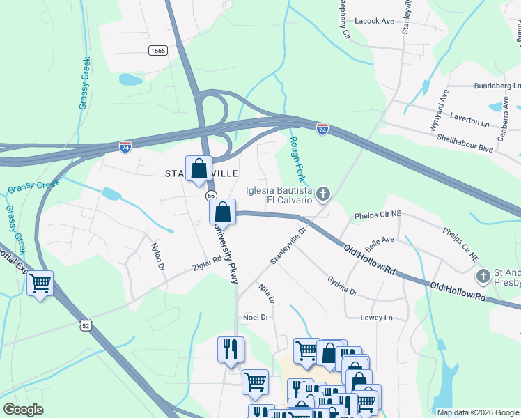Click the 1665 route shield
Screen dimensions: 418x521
pos(158,50)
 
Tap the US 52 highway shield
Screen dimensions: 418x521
pos(84,325)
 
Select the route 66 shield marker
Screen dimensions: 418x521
pos(211,196)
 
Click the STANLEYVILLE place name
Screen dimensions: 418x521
pos(202,173)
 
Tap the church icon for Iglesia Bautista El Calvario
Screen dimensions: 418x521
pos(323,193)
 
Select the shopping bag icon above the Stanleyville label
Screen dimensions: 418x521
pos(199,169)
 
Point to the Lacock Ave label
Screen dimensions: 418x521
pos(374,22)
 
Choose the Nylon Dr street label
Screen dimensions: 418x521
pos(157,255)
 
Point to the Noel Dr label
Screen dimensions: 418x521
pos(255,317)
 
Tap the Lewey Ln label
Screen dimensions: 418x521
pos(377,318)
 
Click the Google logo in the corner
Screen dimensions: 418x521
pos(24,410)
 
